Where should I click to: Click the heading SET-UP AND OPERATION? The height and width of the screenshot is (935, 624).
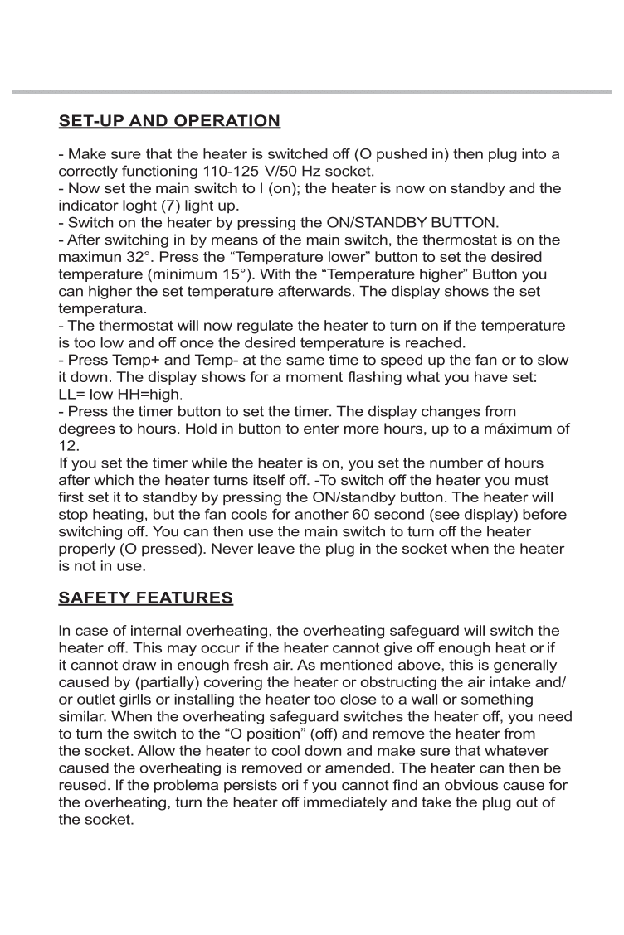(x=169, y=121)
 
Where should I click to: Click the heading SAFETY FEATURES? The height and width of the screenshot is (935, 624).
(x=146, y=598)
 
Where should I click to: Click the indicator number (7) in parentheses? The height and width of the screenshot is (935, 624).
(x=179, y=206)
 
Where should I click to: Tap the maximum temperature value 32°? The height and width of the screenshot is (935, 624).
(x=135, y=258)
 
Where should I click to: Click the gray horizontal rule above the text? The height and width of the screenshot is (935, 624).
(x=312, y=91)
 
